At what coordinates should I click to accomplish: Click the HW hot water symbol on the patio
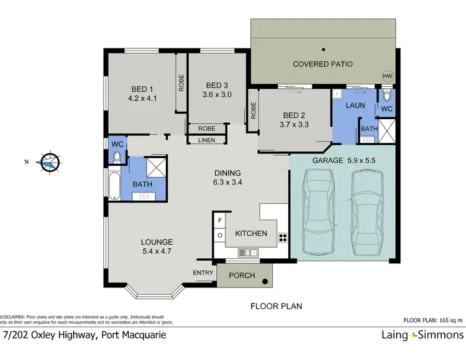pyautogui.click(x=388, y=76)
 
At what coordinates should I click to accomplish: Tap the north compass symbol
pyautogui.click(x=47, y=162)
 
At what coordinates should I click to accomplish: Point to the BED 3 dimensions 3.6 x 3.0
pyautogui.click(x=217, y=95)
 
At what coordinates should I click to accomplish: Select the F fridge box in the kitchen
pyautogui.click(x=219, y=220)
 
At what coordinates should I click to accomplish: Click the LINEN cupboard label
pyautogui.click(x=206, y=140)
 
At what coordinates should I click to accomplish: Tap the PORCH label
pyautogui.click(x=242, y=275)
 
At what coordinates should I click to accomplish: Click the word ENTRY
pyautogui.click(x=203, y=272)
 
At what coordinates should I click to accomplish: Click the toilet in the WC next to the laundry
pyautogui.click(x=386, y=96)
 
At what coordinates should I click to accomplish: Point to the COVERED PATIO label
pyautogui.click(x=322, y=64)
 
